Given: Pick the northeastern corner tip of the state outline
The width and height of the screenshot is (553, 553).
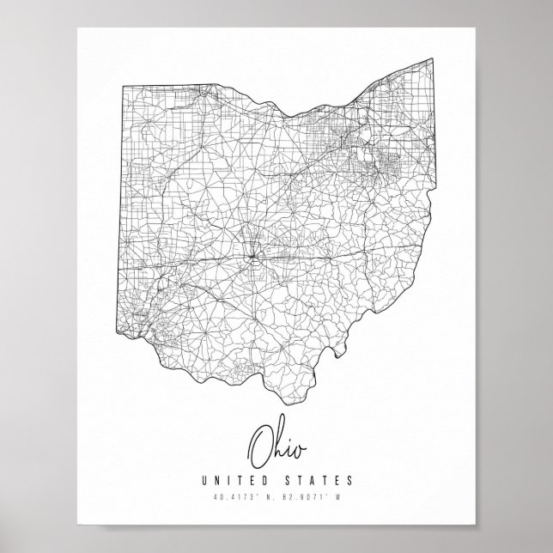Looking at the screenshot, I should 432,58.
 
